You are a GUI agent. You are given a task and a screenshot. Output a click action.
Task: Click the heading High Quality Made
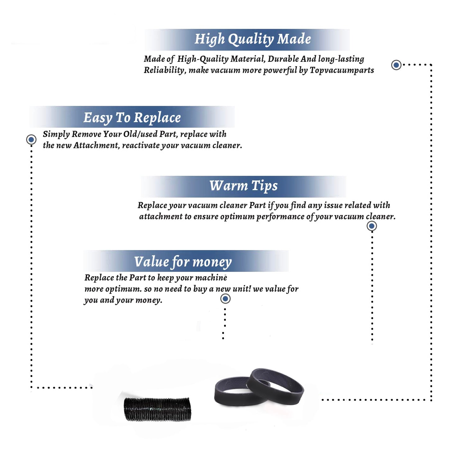[x=253, y=39]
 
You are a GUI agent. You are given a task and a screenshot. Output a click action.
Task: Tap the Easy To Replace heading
[x=132, y=118]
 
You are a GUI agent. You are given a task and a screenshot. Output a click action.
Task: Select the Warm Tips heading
[x=244, y=186]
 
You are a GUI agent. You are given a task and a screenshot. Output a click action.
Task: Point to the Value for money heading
[x=183, y=262]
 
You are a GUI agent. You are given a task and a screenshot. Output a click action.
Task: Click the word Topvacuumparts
[x=342, y=71]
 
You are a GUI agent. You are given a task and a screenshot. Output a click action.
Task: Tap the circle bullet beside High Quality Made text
[x=396, y=65]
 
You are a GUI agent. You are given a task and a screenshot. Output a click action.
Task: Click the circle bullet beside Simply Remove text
[x=31, y=139]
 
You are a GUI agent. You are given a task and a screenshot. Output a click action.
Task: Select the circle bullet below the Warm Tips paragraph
[x=372, y=226]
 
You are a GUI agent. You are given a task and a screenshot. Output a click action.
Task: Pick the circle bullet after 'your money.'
[x=225, y=299]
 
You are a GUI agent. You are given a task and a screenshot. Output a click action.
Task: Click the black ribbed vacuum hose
[x=158, y=409]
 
